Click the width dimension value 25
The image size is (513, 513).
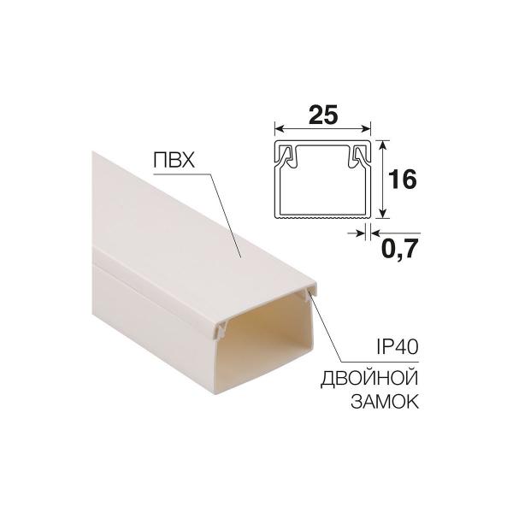coord(322,111)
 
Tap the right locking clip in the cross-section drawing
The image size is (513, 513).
coord(358,156)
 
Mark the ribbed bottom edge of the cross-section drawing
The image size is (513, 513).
coord(322,217)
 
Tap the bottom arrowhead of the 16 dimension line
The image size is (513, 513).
coord(385,215)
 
